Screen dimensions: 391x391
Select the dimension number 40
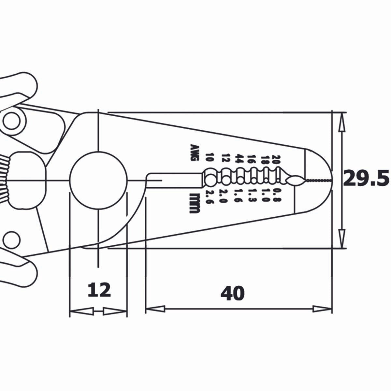232,294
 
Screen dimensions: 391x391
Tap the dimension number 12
99,290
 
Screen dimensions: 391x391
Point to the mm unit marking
195,203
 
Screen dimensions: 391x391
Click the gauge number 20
276,159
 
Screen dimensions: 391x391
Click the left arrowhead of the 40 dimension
156,309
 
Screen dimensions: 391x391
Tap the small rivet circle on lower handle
11,238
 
